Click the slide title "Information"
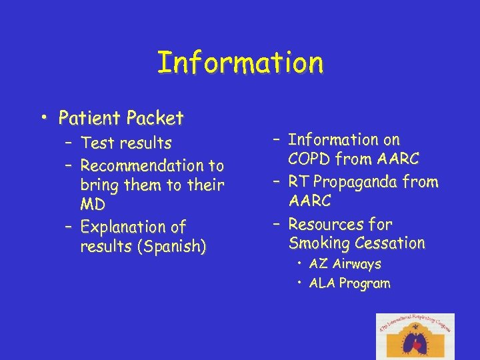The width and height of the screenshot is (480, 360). click(x=240, y=63)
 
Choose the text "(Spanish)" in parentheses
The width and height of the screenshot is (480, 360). click(x=171, y=247)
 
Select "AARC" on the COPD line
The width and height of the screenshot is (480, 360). click(x=398, y=160)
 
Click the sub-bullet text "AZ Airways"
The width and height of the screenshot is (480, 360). click(x=345, y=264)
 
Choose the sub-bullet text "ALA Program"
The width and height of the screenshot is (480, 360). click(x=349, y=283)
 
